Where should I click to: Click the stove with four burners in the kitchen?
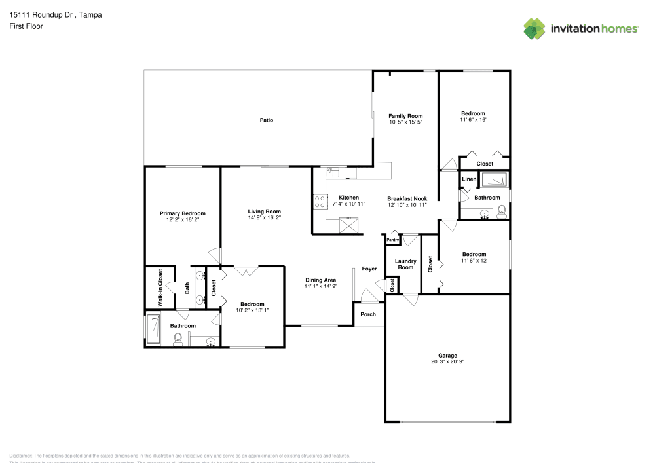point(320,201)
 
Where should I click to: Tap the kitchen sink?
point(333,172)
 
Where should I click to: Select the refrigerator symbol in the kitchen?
point(350,225)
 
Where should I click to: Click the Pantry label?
point(392,240)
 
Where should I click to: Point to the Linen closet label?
point(469,179)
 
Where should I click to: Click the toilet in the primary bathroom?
point(178,339)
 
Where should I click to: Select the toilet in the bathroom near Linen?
point(502,211)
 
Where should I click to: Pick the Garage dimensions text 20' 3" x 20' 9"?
point(447,361)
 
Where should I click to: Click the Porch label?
point(368,314)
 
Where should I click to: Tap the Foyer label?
point(369,269)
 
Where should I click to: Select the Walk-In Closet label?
point(160,287)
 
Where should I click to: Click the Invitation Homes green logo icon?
point(534,28)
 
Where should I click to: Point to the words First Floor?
point(26,26)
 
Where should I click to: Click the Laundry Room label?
point(405,264)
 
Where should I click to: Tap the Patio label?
point(266,120)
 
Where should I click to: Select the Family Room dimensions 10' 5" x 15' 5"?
point(405,122)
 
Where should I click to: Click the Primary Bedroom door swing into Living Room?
point(214,254)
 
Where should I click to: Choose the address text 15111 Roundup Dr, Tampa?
point(56,14)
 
